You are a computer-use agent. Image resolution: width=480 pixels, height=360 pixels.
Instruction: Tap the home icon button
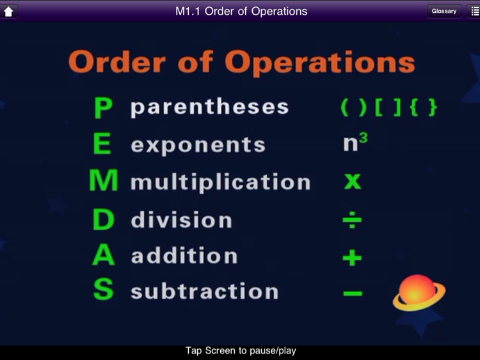(10, 11)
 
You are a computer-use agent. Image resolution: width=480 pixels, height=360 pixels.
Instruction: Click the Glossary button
(444, 11)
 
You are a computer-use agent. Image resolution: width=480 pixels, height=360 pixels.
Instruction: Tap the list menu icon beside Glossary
(472, 11)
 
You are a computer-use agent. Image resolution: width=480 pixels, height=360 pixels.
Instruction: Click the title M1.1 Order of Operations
(241, 11)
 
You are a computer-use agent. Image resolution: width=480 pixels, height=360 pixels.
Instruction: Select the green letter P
(103, 108)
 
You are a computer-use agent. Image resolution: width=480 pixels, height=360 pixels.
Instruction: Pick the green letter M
(104, 182)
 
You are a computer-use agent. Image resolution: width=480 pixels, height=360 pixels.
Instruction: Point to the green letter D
(104, 220)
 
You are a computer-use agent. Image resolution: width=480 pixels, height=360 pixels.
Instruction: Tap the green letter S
(103, 290)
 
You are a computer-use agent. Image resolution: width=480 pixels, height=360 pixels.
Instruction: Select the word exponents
(198, 145)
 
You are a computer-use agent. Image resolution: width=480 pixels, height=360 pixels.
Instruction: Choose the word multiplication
(220, 182)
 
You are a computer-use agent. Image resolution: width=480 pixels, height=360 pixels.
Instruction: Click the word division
(181, 220)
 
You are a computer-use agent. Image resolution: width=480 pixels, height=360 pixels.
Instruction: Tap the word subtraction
(204, 292)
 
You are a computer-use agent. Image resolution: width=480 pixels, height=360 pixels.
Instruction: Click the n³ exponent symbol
(355, 143)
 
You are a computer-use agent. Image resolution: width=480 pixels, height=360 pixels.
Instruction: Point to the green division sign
(352, 221)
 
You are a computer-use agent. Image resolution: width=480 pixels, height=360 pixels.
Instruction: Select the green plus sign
(352, 258)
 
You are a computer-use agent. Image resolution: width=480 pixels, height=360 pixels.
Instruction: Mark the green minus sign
(352, 293)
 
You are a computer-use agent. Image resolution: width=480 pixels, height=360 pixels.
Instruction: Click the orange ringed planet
(419, 293)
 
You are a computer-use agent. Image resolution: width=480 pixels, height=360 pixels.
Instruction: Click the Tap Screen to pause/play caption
(241, 351)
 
